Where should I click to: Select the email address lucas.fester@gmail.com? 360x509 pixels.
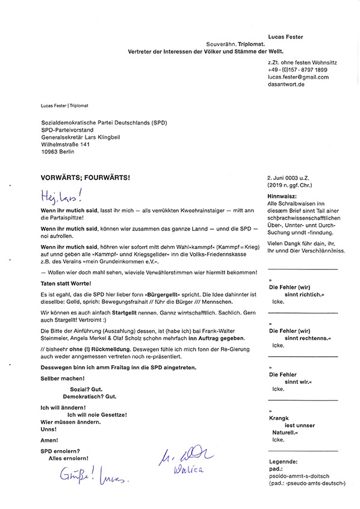[299, 77]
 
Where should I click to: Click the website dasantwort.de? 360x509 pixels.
[287, 85]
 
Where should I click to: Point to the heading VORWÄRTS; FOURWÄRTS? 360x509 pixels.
[85, 179]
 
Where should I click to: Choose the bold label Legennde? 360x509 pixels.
[284, 460]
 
